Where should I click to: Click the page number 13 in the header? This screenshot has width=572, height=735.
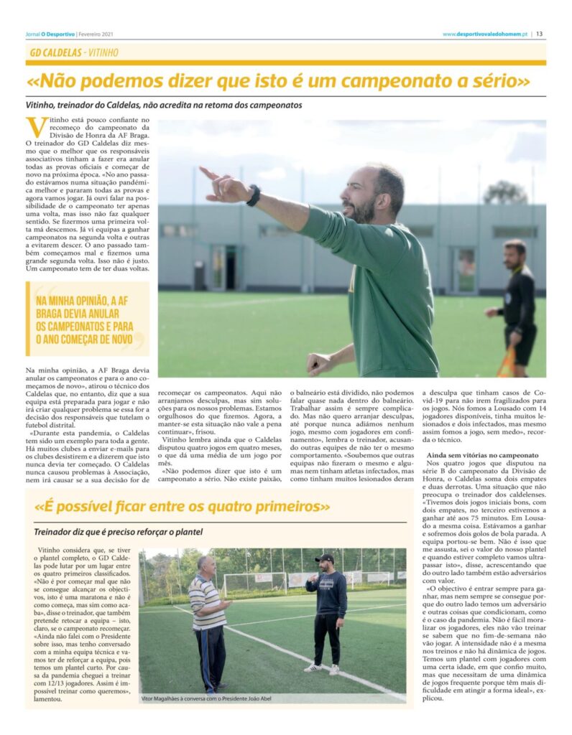click(539, 34)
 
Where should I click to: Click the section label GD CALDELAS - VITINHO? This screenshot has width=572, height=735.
click(74, 52)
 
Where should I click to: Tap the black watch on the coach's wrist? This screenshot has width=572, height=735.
click(253, 195)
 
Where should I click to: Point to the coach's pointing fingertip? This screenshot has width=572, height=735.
click(203, 170)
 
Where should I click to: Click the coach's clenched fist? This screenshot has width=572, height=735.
click(317, 363)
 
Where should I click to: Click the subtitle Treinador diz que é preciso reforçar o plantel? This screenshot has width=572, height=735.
click(118, 532)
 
